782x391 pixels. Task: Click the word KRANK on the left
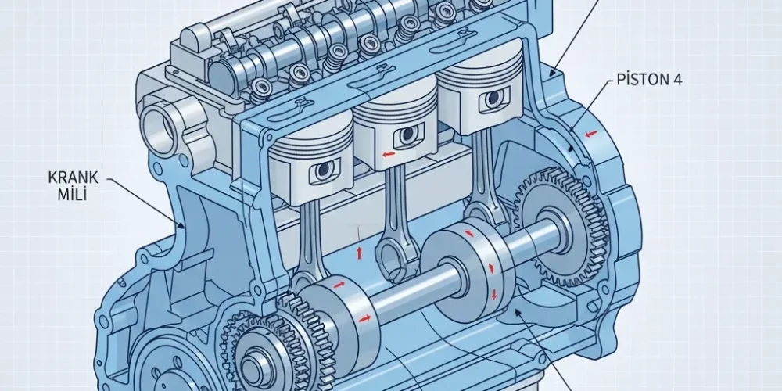(73, 177)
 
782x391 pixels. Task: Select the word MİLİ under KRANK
(72, 194)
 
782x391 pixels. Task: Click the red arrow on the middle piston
(389, 154)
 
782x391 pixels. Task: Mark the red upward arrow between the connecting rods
(359, 252)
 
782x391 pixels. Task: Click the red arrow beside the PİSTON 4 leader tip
(591, 134)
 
